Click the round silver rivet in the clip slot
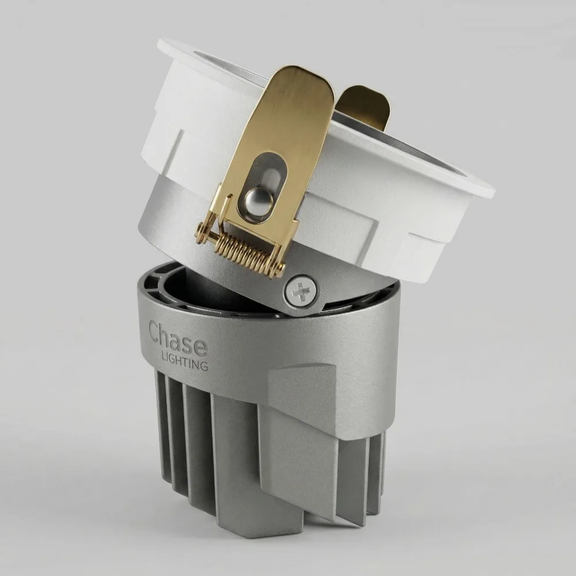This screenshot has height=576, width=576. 256,200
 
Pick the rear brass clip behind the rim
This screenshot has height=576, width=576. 363,107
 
